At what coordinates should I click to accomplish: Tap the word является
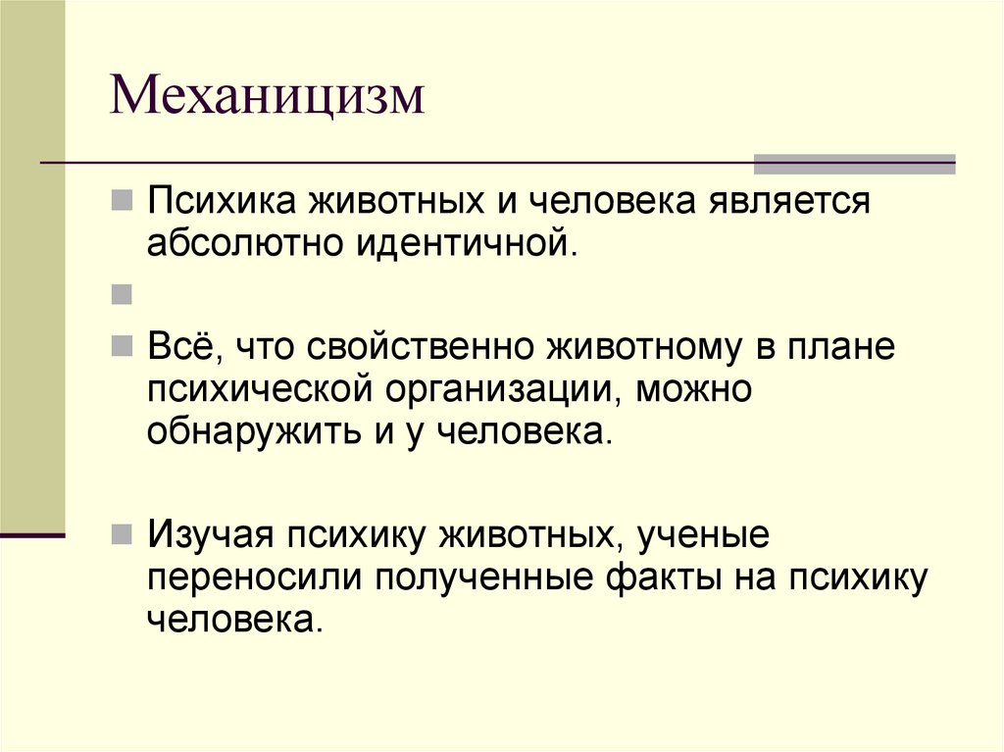click(x=784, y=201)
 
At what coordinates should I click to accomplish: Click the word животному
click(x=638, y=348)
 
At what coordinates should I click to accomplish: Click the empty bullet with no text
click(x=123, y=292)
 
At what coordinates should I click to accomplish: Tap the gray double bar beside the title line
click(x=853, y=164)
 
